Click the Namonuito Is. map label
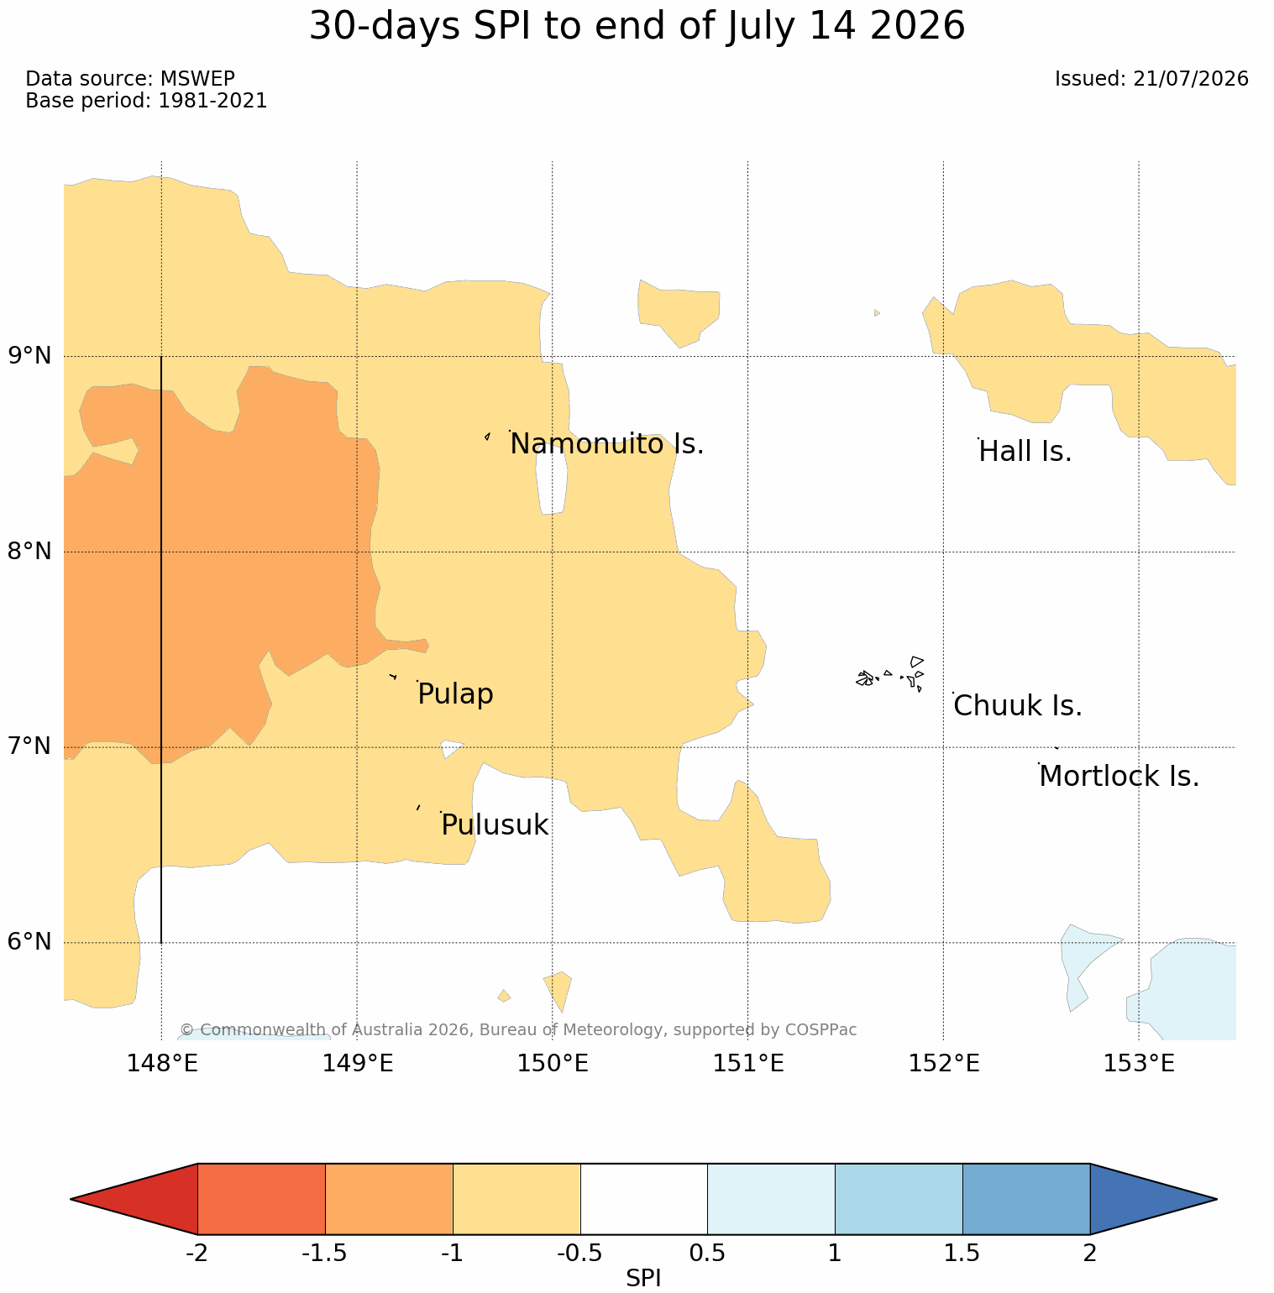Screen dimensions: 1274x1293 point(607,444)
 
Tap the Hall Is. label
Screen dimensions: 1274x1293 point(1025,452)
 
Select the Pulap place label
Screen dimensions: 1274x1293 point(455,694)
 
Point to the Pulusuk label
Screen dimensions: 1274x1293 point(495,825)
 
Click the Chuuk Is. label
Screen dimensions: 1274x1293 point(1018,706)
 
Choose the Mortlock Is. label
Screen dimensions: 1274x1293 point(1119,777)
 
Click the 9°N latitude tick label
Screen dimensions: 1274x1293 point(30,356)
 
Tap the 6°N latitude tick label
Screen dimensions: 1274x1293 point(30,942)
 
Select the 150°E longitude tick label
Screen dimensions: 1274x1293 point(553,1064)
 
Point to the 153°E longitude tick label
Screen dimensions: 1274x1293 point(1139,1064)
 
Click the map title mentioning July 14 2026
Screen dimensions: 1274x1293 point(637,26)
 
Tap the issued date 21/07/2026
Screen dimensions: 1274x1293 point(1151,79)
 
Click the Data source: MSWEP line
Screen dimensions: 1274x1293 point(130,79)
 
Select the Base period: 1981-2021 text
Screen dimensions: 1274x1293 point(146,101)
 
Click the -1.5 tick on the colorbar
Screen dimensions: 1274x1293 point(324,1254)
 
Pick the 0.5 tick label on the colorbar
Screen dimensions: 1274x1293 point(707,1254)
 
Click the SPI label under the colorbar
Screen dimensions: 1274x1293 point(644,1278)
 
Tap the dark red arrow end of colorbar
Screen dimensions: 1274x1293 point(134,1199)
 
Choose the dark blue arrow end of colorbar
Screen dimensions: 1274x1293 point(1153,1199)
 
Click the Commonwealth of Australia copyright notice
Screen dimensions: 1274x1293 point(518,1029)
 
